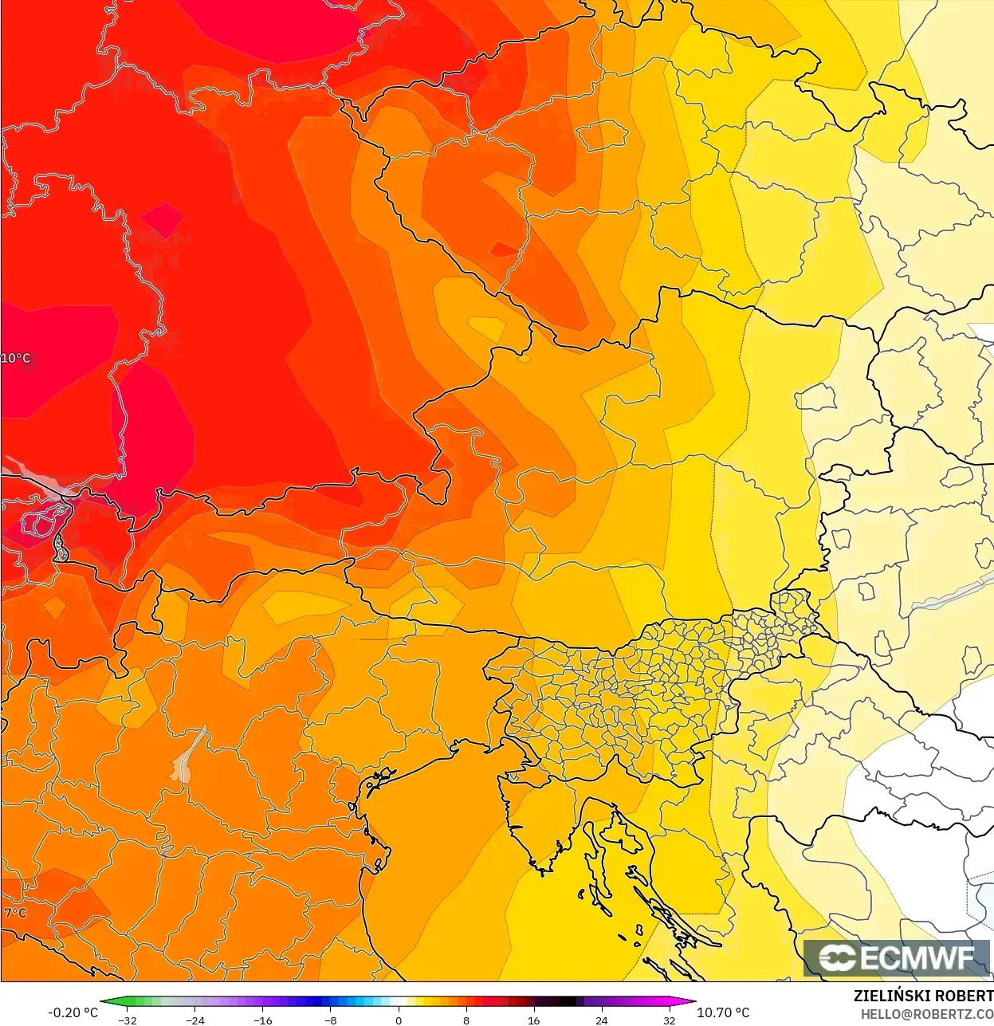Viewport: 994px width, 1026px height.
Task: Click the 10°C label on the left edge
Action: [x=15, y=358]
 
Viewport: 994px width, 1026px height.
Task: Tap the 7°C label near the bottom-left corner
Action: [x=15, y=913]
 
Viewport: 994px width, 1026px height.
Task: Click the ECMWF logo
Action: [x=897, y=957]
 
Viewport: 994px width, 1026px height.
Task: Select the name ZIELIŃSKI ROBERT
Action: [x=923, y=996]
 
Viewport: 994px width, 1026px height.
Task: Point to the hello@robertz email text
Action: [x=926, y=1014]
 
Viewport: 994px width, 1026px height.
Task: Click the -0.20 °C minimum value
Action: [x=73, y=1012]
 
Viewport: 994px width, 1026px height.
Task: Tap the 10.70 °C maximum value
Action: [x=723, y=1012]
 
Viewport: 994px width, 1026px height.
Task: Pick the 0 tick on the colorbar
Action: [x=399, y=1020]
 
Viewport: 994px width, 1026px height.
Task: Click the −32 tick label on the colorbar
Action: [x=128, y=1020]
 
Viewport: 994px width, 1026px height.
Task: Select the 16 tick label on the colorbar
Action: [x=533, y=1020]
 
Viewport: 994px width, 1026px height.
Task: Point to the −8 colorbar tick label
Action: [x=331, y=1020]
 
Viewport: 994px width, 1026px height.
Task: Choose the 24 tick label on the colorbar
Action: [x=601, y=1020]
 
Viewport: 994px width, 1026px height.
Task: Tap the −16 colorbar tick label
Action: [x=263, y=1020]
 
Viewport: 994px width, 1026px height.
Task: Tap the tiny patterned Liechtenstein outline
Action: [x=60, y=548]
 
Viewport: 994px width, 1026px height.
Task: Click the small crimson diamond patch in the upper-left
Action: [x=163, y=220]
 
